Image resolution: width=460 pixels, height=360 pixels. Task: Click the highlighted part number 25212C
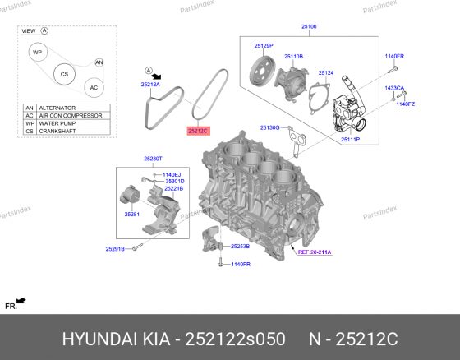[x=199, y=130]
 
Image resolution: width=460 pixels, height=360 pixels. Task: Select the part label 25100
[x=309, y=26]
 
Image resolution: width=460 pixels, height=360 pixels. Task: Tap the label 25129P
[x=263, y=45]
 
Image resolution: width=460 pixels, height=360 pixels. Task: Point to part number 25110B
[x=293, y=56]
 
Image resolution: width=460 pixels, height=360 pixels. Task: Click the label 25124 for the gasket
[x=326, y=72]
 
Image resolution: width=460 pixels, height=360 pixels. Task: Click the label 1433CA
[x=396, y=87]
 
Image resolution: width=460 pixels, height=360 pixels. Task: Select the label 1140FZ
[x=406, y=104]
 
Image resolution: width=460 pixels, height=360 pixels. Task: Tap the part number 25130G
[x=270, y=127]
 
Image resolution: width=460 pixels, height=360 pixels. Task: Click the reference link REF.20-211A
[x=315, y=252]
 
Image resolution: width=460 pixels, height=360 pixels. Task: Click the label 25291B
[x=115, y=248]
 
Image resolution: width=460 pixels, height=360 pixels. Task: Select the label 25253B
[x=240, y=246]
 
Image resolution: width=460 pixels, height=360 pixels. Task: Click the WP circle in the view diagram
[x=36, y=53]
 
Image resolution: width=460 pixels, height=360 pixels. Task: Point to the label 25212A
[x=150, y=85]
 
